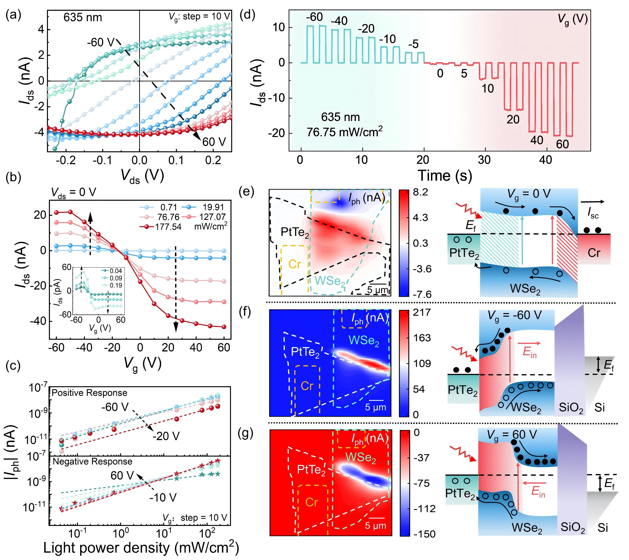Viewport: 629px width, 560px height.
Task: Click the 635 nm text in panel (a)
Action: click(82, 18)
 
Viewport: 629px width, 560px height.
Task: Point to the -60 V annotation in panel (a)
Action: click(101, 42)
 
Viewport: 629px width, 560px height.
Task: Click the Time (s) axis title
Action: click(445, 176)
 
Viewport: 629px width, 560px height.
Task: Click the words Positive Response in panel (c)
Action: click(90, 393)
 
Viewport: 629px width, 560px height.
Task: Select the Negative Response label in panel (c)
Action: click(92, 462)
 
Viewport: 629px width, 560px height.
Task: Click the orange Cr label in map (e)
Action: click(295, 264)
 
